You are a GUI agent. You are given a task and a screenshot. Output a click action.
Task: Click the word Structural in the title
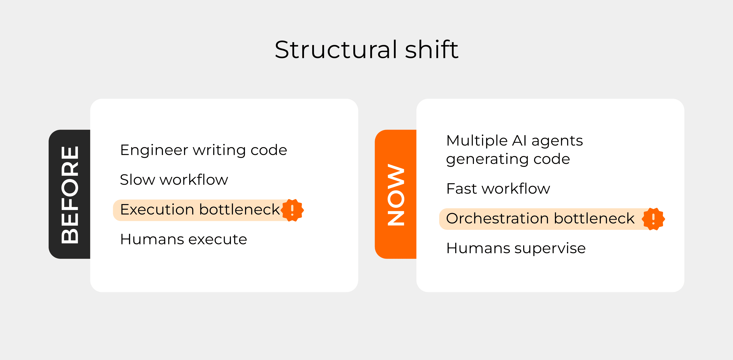336,50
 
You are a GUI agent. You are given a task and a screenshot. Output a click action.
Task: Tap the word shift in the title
432,50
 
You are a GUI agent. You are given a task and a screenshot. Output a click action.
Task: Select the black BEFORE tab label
70,195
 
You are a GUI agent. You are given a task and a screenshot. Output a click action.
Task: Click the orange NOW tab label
396,195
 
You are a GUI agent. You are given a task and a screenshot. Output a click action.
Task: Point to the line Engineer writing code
203,150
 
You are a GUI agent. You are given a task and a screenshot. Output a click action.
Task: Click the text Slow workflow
174,180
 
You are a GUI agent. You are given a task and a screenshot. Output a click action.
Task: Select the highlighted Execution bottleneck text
200,210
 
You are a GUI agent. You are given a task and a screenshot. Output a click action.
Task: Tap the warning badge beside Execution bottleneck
292,210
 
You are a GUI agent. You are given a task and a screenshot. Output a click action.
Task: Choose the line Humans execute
183,239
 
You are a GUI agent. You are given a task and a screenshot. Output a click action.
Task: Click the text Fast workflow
498,189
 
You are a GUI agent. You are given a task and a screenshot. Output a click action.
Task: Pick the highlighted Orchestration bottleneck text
540,219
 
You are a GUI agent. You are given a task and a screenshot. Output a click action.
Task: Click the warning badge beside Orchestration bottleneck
653,219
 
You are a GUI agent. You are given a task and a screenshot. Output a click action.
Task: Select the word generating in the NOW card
487,159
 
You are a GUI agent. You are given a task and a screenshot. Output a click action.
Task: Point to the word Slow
137,180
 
